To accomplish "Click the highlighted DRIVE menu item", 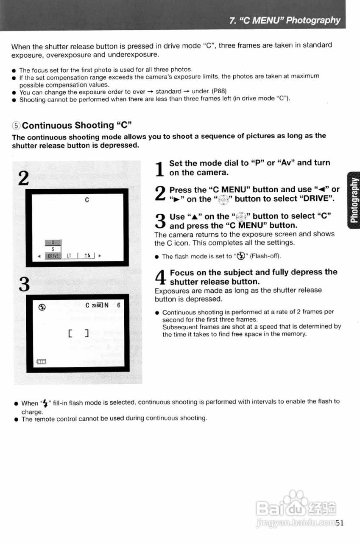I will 53,256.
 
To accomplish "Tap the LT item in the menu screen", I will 69,256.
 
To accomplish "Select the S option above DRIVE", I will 53,249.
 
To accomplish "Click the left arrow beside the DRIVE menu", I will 39,256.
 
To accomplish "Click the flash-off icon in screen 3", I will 42,305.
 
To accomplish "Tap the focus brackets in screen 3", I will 78,333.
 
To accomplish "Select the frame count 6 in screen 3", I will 119,305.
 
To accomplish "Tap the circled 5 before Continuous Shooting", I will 16,126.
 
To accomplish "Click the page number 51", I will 339,523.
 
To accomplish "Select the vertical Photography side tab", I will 353,199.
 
